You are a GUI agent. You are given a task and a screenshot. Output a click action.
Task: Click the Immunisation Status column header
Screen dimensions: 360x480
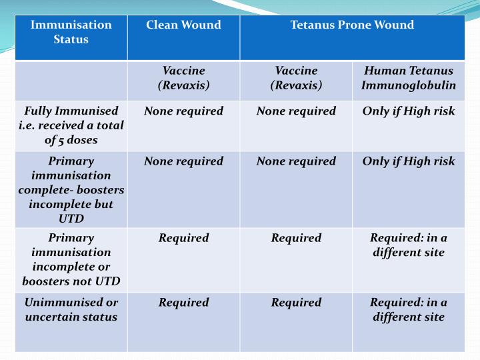pyautogui.click(x=71, y=32)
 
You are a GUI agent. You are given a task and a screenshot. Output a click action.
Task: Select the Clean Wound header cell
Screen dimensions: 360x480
pyautogui.click(x=183, y=25)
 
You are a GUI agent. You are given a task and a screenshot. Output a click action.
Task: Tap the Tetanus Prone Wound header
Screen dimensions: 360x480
pyautogui.click(x=352, y=25)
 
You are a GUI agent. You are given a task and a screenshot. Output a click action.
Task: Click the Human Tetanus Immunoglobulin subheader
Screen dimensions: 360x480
pyautogui.click(x=408, y=78)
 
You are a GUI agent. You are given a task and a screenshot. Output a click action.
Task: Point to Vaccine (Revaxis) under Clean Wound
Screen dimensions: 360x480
pyautogui.click(x=183, y=78)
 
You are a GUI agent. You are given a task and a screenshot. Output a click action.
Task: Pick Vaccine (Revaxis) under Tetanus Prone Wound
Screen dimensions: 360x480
pyautogui.click(x=296, y=78)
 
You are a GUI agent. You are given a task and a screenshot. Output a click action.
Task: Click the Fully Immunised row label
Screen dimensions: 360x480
pyautogui.click(x=71, y=125)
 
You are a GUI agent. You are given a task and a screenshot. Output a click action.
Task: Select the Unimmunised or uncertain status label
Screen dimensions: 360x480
pyautogui.click(x=71, y=309)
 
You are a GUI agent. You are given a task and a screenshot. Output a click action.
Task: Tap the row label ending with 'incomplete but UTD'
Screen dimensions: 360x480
pyautogui.click(x=71, y=190)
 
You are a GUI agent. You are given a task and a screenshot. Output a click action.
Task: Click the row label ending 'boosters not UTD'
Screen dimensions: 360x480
pyautogui.click(x=71, y=259)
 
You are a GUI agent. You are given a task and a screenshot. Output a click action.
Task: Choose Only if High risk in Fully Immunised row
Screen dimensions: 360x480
pyautogui.click(x=408, y=111)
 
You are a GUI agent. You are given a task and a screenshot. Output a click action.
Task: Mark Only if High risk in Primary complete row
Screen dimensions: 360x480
pyautogui.click(x=408, y=161)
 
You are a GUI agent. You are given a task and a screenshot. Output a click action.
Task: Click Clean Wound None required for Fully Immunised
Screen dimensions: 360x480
pyautogui.click(x=183, y=111)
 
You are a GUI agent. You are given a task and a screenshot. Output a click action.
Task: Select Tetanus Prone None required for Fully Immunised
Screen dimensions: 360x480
pyautogui.click(x=296, y=111)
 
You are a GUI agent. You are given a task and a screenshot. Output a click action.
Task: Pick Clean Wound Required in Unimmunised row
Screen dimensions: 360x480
pyautogui.click(x=183, y=303)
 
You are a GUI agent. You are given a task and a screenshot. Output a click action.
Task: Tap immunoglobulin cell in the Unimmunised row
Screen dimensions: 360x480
pyautogui.click(x=408, y=309)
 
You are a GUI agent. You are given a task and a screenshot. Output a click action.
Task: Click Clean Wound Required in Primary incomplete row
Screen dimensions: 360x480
pyautogui.click(x=183, y=238)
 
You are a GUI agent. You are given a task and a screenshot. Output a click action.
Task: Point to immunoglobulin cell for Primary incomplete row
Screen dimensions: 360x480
pyautogui.click(x=408, y=245)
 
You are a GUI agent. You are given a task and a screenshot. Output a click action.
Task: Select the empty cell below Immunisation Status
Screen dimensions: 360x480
pyautogui.click(x=71, y=81)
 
